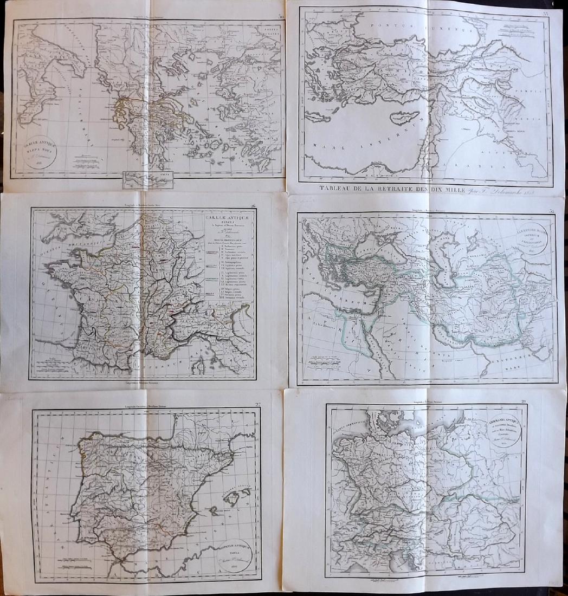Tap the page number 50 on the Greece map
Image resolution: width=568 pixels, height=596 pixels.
280,16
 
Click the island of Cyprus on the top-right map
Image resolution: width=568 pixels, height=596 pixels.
406,116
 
